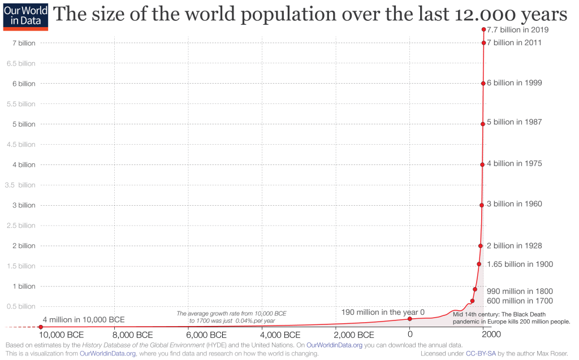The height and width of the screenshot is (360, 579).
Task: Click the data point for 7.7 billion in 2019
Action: tap(483, 29)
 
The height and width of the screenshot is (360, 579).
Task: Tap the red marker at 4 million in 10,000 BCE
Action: tap(41, 327)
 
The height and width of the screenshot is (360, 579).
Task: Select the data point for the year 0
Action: tap(410, 319)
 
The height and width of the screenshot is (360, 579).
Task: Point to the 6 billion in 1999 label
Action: tap(514, 83)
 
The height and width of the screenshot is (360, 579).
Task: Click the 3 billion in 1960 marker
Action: tap(482, 205)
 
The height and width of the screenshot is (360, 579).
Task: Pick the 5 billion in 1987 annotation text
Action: tap(514, 122)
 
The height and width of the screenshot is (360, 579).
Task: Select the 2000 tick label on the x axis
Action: tap(491, 335)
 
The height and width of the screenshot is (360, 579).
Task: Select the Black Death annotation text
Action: tap(511, 318)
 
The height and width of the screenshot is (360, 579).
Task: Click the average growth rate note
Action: tap(232, 317)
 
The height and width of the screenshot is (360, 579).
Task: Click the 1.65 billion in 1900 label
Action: tap(520, 264)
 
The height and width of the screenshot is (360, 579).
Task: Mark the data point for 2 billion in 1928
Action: tap(480, 246)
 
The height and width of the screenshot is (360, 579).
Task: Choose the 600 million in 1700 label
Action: tap(520, 301)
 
